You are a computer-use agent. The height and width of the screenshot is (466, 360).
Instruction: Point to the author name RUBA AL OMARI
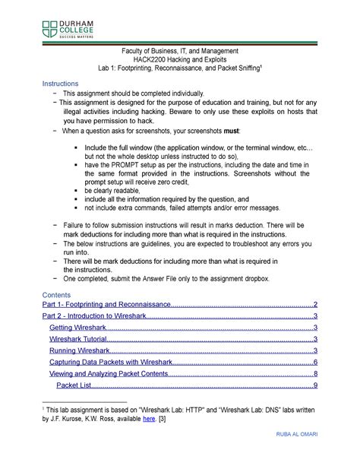coord(312,456)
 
